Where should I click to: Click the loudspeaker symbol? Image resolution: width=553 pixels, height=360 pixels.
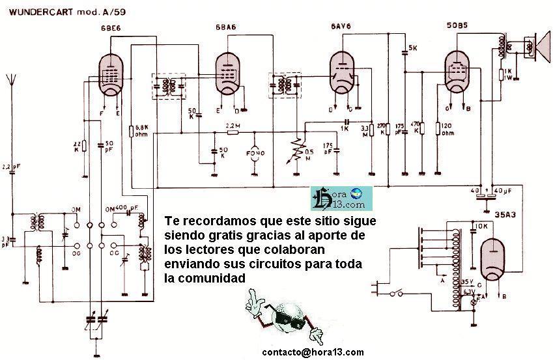pos(537,46)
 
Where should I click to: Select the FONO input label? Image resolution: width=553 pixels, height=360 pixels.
pos(255,154)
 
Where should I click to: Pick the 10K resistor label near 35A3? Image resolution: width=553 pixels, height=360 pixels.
pos(481,226)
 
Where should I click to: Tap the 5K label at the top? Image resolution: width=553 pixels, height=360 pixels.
pos(412,48)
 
